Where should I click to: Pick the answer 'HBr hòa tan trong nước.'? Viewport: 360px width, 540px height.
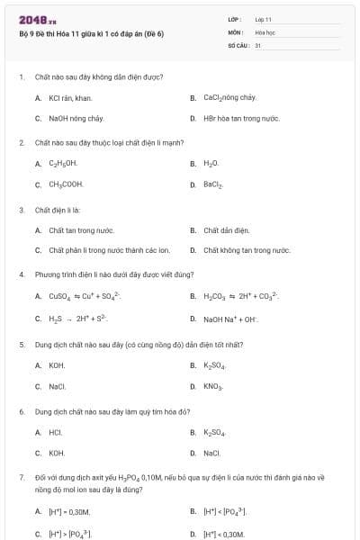(241, 118)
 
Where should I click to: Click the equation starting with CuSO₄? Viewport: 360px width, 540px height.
(85, 295)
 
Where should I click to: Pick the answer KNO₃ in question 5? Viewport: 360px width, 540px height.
(213, 386)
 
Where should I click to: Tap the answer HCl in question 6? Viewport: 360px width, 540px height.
(56, 432)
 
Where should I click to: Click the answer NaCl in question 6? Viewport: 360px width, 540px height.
(212, 453)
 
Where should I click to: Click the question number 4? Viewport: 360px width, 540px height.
(21, 274)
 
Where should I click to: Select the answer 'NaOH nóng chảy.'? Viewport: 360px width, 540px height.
(76, 118)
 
